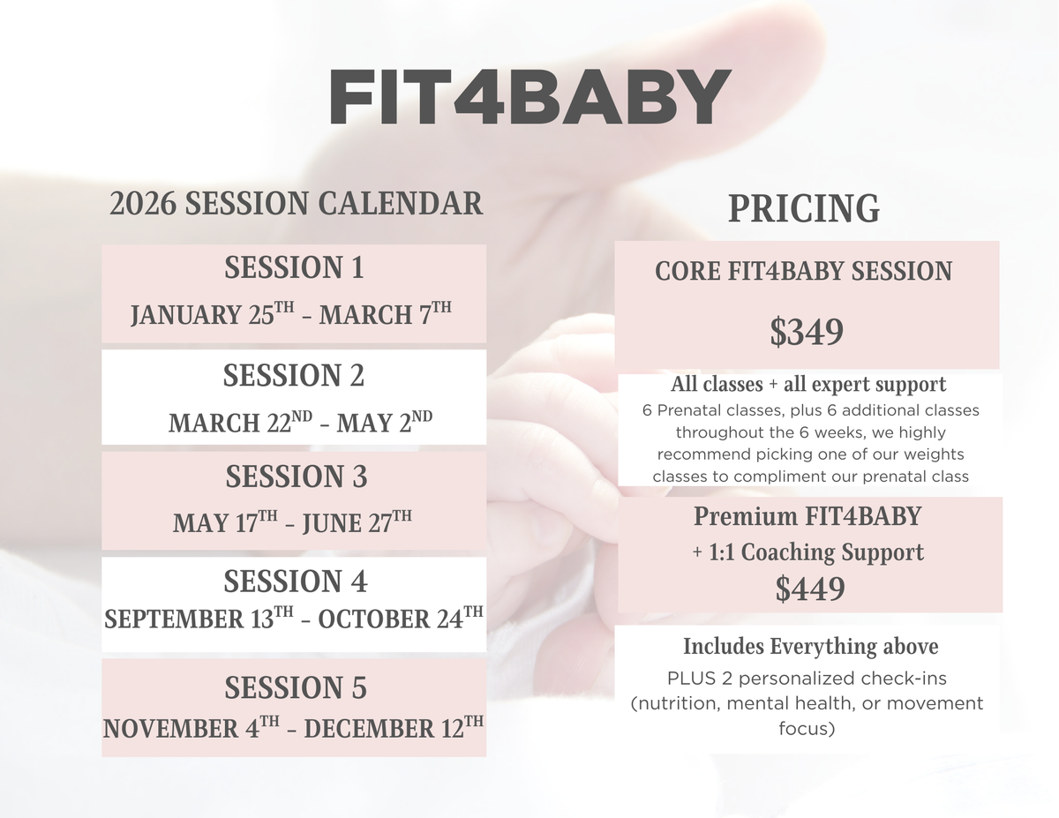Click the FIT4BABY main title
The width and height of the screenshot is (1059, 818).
529,98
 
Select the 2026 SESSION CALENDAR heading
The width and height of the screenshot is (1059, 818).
297,204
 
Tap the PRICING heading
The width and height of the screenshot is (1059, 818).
803,208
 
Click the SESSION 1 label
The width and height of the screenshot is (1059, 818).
294,267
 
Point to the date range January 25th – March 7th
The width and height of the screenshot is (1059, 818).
291,315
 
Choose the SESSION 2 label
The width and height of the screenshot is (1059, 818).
294,376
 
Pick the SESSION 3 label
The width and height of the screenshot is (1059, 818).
296,477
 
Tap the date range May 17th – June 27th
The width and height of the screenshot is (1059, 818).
292,523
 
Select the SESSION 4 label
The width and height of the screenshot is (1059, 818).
295,582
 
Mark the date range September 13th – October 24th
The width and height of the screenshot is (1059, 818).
294,619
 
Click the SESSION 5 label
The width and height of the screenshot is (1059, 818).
296,687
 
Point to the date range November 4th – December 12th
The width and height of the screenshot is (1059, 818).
294,728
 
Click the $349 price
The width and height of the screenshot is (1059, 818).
807,333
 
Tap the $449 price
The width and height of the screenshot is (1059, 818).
809,589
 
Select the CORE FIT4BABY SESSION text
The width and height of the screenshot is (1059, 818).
803,271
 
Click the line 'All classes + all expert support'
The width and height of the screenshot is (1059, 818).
808,385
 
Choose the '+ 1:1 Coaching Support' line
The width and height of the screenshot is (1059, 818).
807,552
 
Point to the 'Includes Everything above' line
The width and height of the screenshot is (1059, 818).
810,647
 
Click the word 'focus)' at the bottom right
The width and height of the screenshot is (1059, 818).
807,730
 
